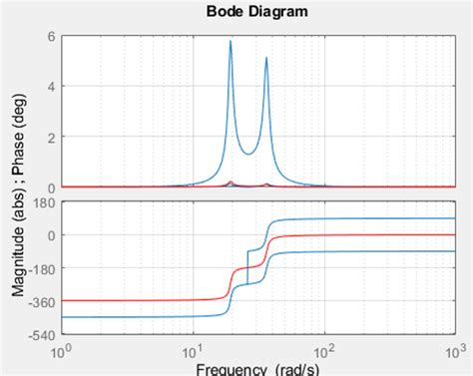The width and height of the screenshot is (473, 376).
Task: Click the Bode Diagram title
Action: [x=257, y=12]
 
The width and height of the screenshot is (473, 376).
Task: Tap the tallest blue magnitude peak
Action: [x=231, y=42]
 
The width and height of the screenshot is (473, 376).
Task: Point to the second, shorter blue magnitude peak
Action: [x=266, y=58]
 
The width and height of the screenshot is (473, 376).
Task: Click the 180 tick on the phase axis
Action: [x=45, y=202]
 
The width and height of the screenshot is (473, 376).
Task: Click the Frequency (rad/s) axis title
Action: [x=257, y=369]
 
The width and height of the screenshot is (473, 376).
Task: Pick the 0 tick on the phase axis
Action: [x=50, y=235]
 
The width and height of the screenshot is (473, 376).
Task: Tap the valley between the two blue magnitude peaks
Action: [x=248, y=153]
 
